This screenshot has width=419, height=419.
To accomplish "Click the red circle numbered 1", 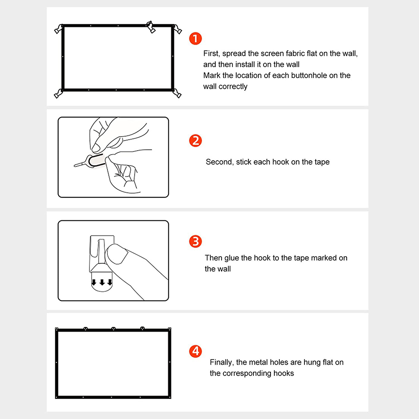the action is coord(195,38).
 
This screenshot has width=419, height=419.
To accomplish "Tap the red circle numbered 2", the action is coord(195,141).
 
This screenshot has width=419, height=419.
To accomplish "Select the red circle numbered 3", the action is coord(195,241).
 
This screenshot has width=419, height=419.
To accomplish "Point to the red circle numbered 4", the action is coord(195,351).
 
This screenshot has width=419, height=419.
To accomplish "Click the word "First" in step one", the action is coord(211,54).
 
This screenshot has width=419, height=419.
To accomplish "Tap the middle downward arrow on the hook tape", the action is coord(102,282).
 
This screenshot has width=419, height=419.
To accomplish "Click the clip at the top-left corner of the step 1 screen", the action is coord(59,29).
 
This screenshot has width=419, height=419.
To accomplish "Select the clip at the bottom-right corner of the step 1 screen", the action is coord(177,94).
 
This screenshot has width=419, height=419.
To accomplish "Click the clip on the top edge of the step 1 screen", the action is coord(151,27).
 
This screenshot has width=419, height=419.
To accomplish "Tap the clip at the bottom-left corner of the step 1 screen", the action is coord(58,94).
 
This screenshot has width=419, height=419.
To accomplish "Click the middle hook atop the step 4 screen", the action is coord(113,329).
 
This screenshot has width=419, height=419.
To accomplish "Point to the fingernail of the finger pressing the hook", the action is coord(118,254).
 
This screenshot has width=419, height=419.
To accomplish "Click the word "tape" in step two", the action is coord(322,162).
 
